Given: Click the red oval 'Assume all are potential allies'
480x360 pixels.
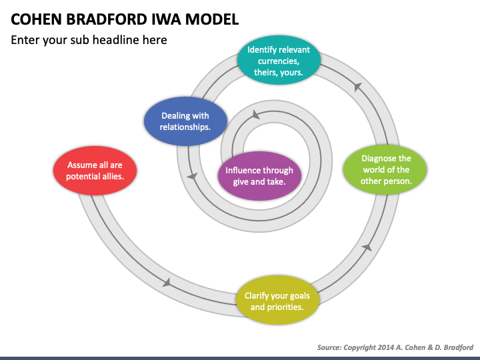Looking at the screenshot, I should [95, 171].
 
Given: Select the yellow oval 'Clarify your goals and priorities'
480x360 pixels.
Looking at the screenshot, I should [277, 301].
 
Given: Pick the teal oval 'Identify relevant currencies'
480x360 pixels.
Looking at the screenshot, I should [279, 61].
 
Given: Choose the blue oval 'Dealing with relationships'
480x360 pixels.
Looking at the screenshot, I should [185, 121].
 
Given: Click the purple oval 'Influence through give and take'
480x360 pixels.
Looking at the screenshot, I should [259, 176].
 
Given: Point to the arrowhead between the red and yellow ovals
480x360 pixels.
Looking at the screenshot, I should [167, 283].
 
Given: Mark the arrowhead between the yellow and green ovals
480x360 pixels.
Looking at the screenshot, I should [366, 247].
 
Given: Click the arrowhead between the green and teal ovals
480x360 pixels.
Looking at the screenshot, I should [358, 87].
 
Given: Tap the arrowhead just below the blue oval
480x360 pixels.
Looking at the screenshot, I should [193, 176].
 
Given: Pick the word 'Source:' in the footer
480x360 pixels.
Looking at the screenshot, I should [331, 347].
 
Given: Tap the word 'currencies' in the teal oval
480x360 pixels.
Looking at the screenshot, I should [279, 61].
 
